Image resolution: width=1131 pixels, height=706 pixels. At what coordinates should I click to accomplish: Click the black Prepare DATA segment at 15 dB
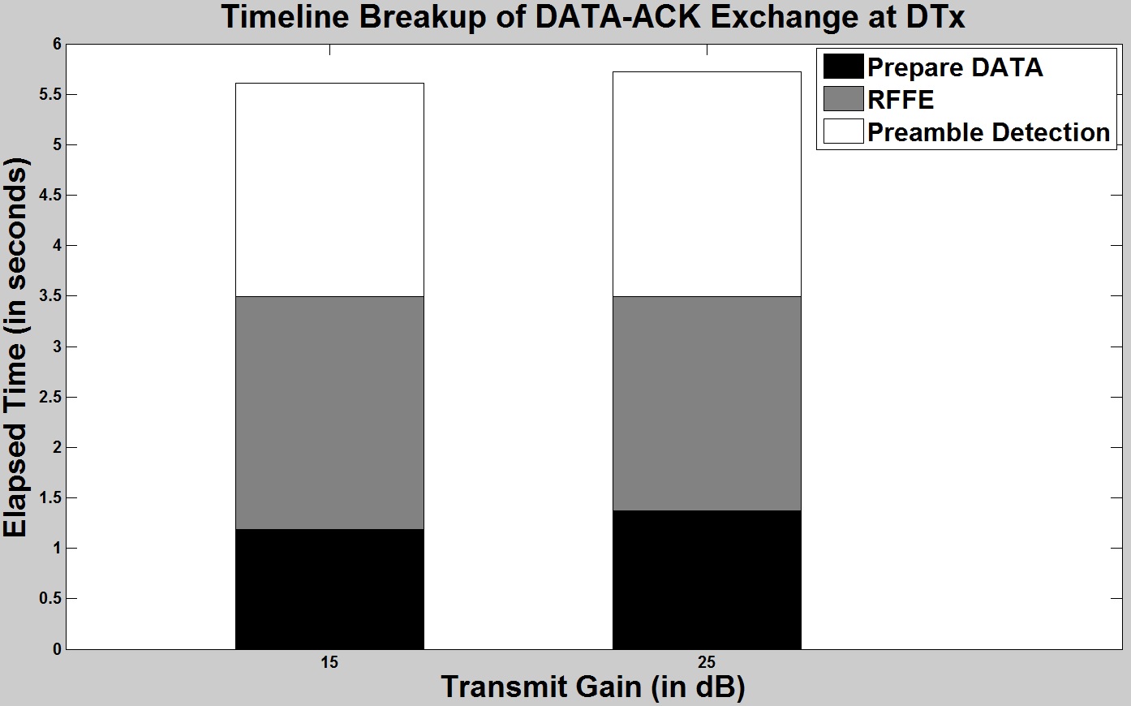[x=329, y=589]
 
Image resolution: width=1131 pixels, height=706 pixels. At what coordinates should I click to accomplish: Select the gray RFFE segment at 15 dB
[x=329, y=412]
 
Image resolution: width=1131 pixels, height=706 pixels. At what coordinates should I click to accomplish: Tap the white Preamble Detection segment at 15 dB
[x=329, y=190]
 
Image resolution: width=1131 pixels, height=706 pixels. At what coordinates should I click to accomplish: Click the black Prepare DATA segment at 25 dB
[x=707, y=579]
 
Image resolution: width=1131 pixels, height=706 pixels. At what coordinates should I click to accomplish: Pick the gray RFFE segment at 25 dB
[x=707, y=403]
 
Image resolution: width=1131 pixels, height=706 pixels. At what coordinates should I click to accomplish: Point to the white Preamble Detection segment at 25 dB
[x=707, y=184]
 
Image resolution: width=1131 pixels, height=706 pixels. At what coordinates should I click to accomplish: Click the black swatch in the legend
[x=843, y=67]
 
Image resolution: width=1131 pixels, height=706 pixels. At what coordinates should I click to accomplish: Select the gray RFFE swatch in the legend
[x=843, y=99]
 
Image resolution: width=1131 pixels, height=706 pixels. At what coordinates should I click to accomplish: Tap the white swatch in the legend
[x=843, y=131]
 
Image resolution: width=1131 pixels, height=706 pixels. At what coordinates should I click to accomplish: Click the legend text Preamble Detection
[x=989, y=132]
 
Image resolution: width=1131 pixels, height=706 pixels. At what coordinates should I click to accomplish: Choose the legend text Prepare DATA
[x=955, y=67]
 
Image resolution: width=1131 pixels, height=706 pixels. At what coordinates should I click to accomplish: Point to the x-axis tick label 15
[x=329, y=662]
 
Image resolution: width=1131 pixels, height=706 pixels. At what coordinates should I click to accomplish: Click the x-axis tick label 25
[x=707, y=662]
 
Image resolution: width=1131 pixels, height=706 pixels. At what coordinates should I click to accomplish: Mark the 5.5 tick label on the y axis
[x=50, y=95]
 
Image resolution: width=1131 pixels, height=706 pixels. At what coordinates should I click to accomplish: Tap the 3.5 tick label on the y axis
[x=50, y=296]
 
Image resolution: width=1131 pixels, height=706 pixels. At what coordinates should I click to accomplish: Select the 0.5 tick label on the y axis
[x=50, y=598]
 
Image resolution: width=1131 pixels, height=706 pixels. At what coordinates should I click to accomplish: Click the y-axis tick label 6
[x=57, y=45]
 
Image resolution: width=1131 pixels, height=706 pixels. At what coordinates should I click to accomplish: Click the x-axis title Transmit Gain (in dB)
[x=593, y=688]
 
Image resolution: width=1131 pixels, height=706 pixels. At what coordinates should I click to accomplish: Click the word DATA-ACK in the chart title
[x=618, y=17]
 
